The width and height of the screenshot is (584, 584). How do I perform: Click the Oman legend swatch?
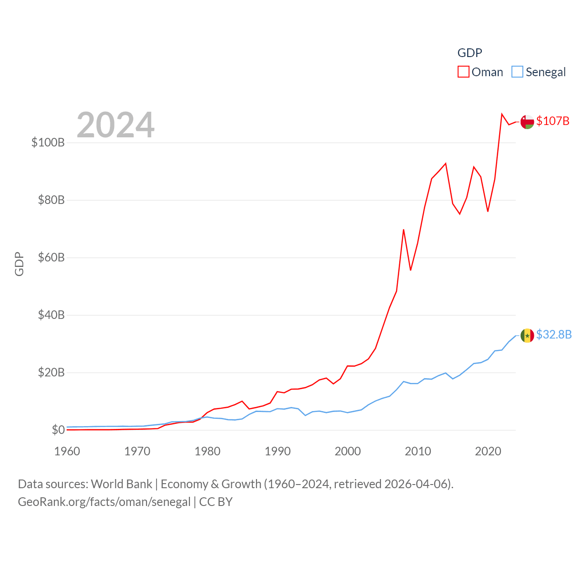pyautogui.click(x=463, y=72)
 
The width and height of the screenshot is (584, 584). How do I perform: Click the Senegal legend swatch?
pyautogui.click(x=517, y=72)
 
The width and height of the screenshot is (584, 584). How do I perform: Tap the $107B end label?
pyautogui.click(x=553, y=121)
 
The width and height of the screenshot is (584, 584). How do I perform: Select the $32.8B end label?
pyautogui.click(x=553, y=334)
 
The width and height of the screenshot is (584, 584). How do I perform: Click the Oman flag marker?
pyautogui.click(x=527, y=122)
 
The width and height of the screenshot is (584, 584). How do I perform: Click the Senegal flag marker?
pyautogui.click(x=527, y=335)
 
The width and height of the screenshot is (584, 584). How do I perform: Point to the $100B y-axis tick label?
pyautogui.click(x=48, y=142)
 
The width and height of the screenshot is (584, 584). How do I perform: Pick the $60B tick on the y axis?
pyautogui.click(x=51, y=257)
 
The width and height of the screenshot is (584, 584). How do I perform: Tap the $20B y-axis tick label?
pyautogui.click(x=51, y=372)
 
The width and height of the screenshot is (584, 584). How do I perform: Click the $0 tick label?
pyautogui.click(x=58, y=430)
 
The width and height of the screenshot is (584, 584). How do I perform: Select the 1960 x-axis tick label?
pyautogui.click(x=67, y=451)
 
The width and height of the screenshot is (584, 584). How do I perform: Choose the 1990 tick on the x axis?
pyautogui.click(x=277, y=451)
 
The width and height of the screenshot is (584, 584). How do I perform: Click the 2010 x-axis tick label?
pyautogui.click(x=418, y=451)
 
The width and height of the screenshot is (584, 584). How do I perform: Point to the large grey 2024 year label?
pyautogui.click(x=115, y=125)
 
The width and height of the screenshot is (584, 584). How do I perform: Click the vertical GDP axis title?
pyautogui.click(x=19, y=264)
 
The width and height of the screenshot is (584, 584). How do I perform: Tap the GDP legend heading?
pyautogui.click(x=469, y=53)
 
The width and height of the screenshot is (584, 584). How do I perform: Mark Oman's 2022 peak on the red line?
pyautogui.click(x=502, y=114)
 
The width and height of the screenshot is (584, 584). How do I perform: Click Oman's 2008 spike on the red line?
pyautogui.click(x=403, y=229)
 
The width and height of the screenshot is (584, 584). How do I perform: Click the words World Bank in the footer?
pyautogui.click(x=121, y=484)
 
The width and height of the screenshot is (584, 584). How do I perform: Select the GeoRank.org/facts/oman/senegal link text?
pyautogui.click(x=104, y=502)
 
